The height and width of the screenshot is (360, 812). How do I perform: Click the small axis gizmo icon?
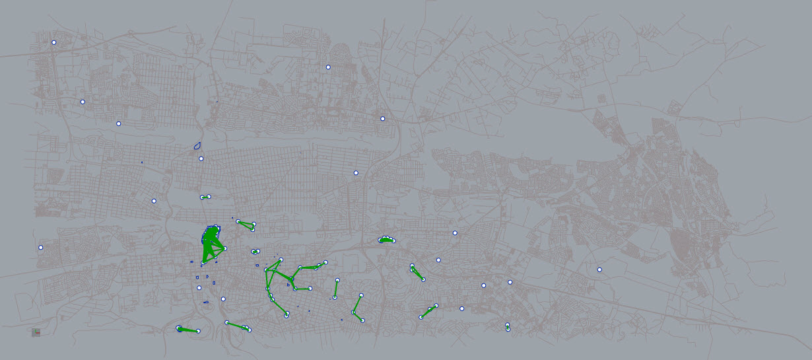(36, 332)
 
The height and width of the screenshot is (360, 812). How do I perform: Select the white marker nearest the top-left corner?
(54, 42)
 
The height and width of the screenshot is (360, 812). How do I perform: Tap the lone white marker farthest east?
(599, 270)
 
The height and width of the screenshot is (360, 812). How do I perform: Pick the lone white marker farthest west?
(40, 248)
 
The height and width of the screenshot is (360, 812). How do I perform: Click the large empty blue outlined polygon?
(197, 146)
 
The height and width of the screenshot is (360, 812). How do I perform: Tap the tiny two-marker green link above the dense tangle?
(205, 197)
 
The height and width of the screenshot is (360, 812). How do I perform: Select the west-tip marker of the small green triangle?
(238, 221)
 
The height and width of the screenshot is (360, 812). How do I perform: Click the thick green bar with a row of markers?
(386, 240)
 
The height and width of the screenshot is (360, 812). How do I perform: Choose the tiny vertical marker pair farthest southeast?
(508, 327)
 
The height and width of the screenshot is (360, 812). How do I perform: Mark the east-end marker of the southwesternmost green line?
(198, 331)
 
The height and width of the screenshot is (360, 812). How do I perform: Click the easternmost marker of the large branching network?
(325, 263)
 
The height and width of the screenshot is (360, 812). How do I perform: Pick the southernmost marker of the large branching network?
(287, 315)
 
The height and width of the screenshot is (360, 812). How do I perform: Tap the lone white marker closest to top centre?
(327, 67)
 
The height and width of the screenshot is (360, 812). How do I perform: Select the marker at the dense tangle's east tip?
(225, 248)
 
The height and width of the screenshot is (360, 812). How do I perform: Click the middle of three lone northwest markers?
(83, 102)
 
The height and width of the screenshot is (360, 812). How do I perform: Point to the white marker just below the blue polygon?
(201, 159)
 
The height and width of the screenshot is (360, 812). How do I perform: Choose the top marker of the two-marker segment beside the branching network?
(337, 281)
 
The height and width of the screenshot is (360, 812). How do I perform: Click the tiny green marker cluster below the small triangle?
(255, 252)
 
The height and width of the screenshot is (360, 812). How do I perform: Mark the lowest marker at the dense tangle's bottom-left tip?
(203, 264)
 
